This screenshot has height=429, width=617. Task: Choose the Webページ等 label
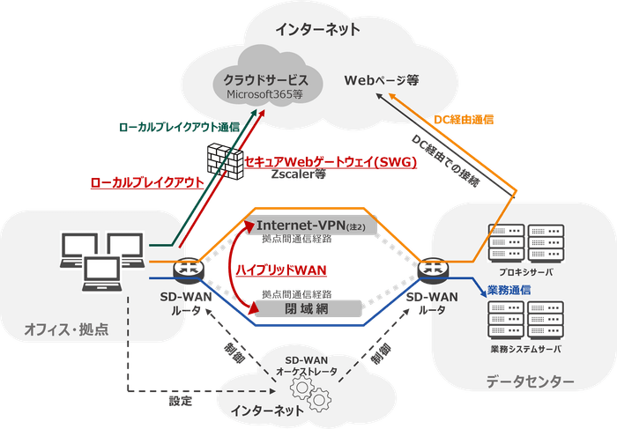tap(381, 80)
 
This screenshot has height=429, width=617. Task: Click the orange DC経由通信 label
tap(465, 118)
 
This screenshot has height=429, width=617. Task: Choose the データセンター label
tap(530, 381)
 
